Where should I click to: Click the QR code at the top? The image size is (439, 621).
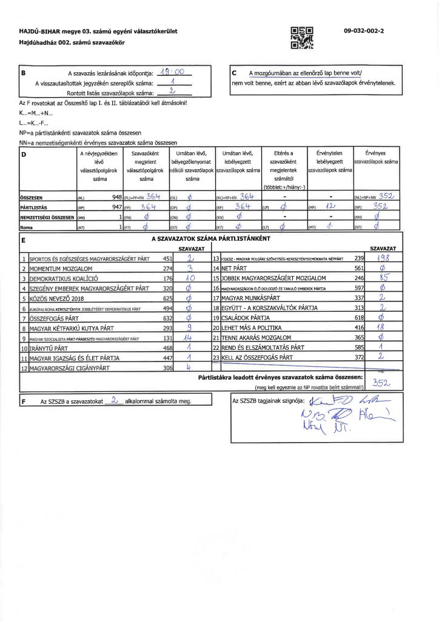[302, 38]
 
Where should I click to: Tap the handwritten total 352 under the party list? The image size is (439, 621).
[380, 383]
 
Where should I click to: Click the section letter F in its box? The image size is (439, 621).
[23, 401]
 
